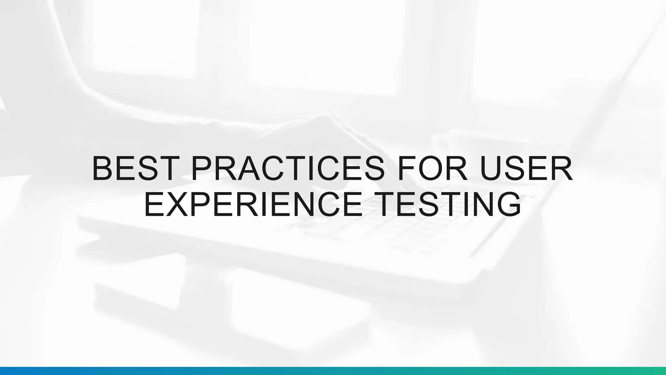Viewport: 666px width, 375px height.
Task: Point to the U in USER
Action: (x=490, y=169)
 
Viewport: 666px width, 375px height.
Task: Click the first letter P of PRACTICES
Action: (x=202, y=169)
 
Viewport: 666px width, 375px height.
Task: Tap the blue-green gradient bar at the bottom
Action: (x=333, y=371)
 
